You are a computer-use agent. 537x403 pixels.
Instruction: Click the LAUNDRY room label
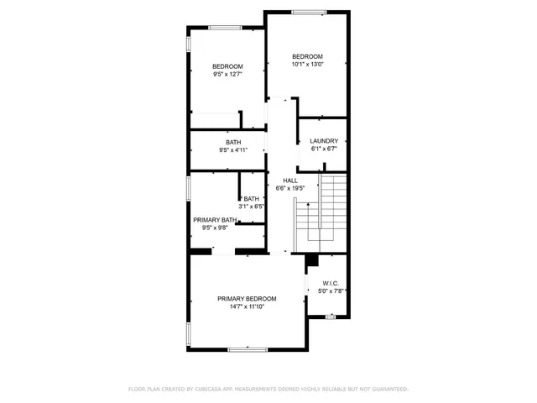(x=324, y=141)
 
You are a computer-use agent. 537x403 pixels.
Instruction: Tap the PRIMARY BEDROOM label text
(x=247, y=299)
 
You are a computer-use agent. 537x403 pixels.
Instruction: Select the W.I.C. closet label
(x=327, y=283)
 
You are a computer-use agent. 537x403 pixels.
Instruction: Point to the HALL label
(x=289, y=181)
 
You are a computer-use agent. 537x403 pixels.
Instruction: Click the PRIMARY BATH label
(x=215, y=219)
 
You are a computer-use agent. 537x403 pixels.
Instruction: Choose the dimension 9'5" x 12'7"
(x=227, y=75)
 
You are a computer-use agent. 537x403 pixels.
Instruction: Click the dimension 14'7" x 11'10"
(x=247, y=307)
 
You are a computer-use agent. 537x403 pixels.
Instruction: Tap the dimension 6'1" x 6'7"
(x=324, y=149)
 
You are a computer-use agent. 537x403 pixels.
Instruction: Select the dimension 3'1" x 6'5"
(x=252, y=206)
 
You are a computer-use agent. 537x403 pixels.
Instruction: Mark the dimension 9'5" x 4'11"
(x=232, y=150)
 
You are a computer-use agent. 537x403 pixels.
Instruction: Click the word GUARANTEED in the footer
(x=387, y=390)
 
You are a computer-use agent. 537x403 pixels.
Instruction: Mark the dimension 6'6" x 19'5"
(x=289, y=189)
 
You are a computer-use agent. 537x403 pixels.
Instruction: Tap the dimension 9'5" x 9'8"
(x=215, y=228)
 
